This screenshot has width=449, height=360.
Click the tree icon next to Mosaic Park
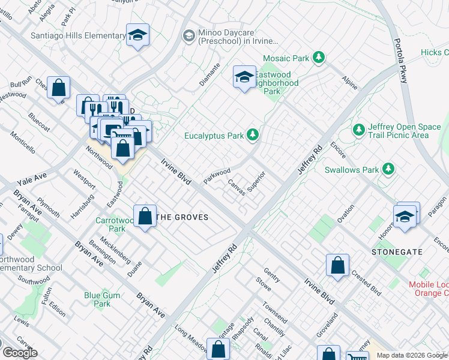tap(319, 58)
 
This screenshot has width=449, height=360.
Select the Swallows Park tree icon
tap(389, 170)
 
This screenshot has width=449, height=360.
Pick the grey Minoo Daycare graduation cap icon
tap(189, 36)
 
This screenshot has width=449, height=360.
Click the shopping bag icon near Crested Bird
tap(338, 265)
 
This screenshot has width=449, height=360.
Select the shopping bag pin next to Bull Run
tap(58, 88)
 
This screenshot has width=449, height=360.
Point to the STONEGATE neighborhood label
tap(397, 252)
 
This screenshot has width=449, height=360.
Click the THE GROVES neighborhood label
tap(182, 217)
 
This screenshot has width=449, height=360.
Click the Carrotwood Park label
tap(111, 224)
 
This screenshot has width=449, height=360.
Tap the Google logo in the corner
tap(20, 353)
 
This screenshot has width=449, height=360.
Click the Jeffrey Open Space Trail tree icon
tap(359, 130)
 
